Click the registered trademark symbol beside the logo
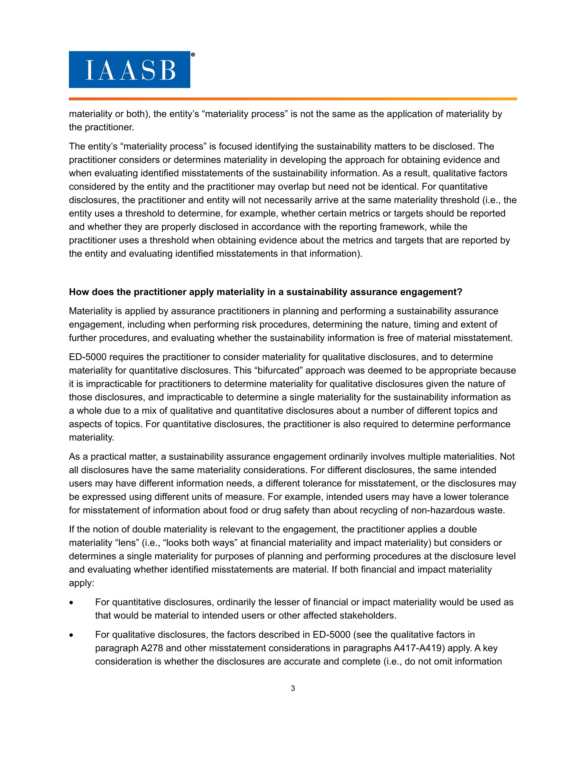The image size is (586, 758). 193,55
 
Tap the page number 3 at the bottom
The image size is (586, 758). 293,688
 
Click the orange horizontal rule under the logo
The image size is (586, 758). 293,99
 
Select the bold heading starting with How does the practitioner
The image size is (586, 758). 265,292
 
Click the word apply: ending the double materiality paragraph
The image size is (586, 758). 81,583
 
